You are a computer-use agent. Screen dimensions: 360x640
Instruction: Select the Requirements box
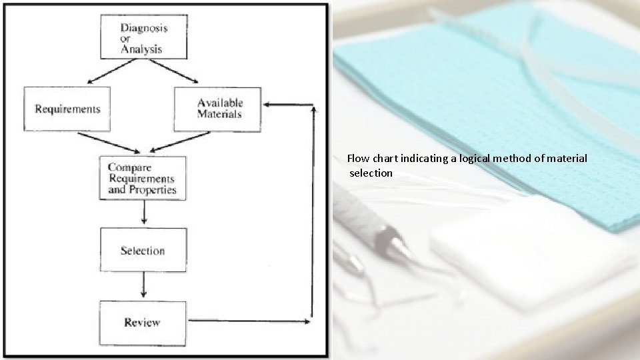tap(67, 109)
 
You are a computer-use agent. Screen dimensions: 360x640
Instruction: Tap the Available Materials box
tap(217, 109)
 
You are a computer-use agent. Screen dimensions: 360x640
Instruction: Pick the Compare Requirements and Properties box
tap(143, 179)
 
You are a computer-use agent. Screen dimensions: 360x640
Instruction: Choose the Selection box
tap(143, 250)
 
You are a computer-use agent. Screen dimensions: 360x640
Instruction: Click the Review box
tap(143, 322)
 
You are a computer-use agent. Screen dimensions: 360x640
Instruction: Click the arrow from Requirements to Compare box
tap(109, 142)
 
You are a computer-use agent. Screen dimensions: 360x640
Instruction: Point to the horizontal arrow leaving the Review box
tap(247, 321)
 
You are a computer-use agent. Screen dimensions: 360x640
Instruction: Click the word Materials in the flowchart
tap(219, 114)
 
